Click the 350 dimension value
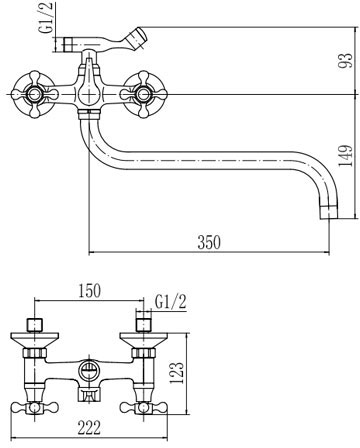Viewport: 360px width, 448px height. [209, 242]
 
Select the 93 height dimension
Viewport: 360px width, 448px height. [345, 61]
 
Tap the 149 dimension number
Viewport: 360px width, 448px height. [345, 156]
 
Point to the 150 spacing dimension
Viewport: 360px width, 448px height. [89, 291]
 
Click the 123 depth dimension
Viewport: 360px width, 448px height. [177, 373]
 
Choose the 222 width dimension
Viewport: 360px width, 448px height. [89, 427]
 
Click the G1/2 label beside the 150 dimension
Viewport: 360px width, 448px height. [170, 302]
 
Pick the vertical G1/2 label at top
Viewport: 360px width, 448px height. [47, 17]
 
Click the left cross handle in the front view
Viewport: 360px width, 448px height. [34, 95]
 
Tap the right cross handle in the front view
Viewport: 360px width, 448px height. [143, 95]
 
